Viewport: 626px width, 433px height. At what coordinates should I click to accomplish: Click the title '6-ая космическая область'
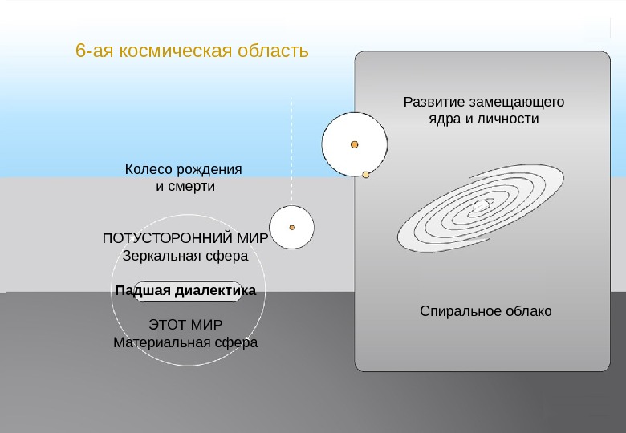[192, 51]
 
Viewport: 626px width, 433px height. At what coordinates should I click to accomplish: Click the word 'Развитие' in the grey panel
[433, 103]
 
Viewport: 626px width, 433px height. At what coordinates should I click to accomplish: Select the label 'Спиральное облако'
[486, 311]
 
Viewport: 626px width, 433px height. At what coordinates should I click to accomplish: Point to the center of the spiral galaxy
[480, 207]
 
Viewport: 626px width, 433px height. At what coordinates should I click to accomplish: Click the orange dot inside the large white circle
[354, 144]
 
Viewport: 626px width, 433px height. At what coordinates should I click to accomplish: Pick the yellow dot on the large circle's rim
[366, 175]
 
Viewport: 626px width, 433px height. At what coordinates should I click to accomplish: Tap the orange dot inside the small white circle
[292, 227]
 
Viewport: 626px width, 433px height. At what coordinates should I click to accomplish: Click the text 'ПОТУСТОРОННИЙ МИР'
[185, 239]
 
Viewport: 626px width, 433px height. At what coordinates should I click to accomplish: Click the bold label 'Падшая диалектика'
[185, 290]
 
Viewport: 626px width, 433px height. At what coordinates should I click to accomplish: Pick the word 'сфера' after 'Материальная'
[235, 342]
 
